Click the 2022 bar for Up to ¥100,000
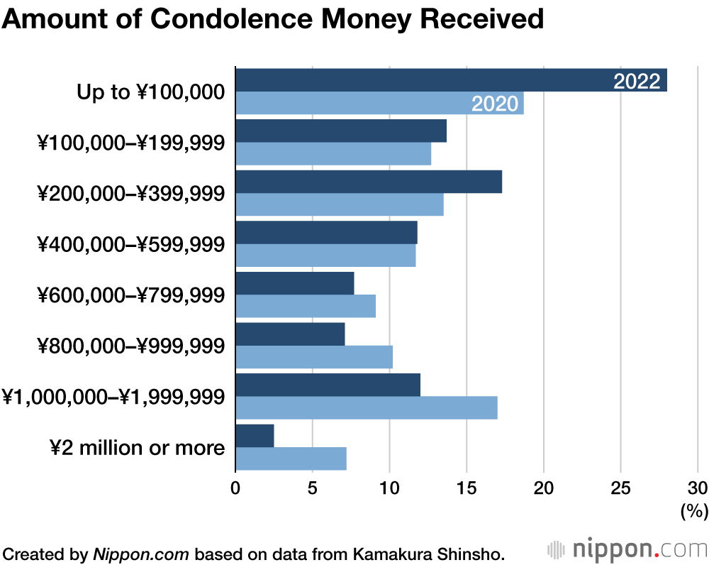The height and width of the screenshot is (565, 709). coord(425,80)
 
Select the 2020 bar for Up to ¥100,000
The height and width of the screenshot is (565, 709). coord(354,104)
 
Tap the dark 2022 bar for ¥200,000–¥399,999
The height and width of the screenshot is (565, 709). coord(369,182)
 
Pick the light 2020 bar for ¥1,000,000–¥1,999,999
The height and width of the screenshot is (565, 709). coord(366,408)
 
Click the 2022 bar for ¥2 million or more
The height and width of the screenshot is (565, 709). coord(255,436)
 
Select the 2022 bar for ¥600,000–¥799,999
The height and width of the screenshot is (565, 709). coord(294,283)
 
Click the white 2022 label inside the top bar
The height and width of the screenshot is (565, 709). coord(637,81)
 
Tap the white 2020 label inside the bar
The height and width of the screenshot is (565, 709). coord(495,104)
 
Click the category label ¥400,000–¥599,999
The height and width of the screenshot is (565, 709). coord(132,244)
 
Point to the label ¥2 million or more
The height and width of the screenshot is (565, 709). coord(138,448)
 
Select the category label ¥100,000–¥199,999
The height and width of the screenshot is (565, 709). coord(132,143)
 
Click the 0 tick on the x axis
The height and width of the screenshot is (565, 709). coord(235,488)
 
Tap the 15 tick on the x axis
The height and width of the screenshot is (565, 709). coord(467,488)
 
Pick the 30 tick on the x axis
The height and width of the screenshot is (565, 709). coord(698,488)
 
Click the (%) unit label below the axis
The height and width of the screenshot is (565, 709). coord(693,510)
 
